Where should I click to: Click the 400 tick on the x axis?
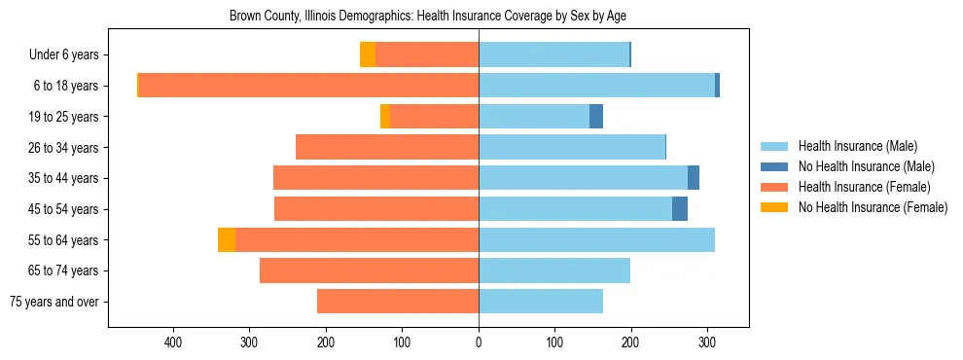(x=174, y=342)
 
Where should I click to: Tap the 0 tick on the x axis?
(x=479, y=342)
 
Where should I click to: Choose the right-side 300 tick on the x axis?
(x=707, y=342)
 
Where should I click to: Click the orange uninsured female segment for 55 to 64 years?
(x=227, y=239)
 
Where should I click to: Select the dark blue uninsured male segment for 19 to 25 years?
(x=596, y=117)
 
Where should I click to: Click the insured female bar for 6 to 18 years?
(x=308, y=86)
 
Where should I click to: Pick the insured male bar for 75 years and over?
(x=541, y=302)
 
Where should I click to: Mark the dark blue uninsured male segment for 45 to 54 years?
(x=680, y=209)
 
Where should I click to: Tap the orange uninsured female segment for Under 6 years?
(x=368, y=55)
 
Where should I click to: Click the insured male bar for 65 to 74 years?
(x=554, y=270)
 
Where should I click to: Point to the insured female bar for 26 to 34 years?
(x=387, y=148)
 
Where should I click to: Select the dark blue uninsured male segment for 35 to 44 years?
(x=694, y=178)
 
